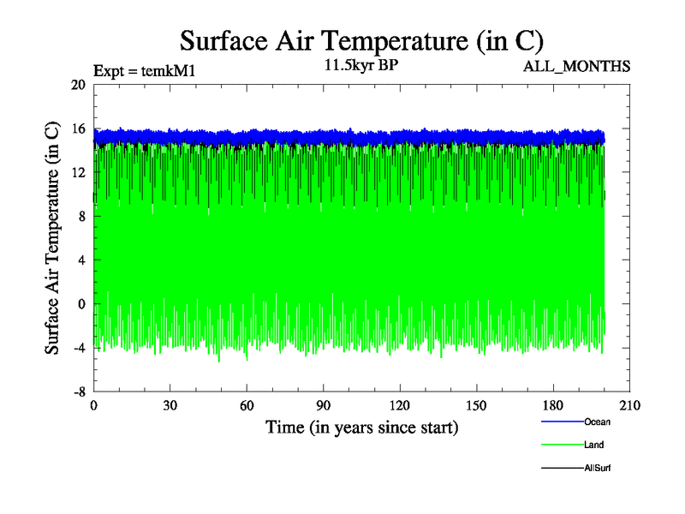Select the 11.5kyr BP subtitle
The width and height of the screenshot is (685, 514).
(361, 65)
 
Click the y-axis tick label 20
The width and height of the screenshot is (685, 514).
(78, 85)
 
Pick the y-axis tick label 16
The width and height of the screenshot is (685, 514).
(78, 128)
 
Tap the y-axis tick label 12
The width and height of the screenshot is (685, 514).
(78, 172)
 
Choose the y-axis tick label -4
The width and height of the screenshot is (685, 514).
(78, 347)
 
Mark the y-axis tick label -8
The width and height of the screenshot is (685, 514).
(78, 391)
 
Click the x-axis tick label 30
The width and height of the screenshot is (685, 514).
(170, 406)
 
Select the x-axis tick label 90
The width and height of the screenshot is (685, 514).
(324, 406)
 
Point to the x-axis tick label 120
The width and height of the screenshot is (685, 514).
(400, 406)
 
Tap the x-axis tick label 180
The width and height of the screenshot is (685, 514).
(553, 406)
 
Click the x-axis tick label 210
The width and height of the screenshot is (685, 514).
(629, 406)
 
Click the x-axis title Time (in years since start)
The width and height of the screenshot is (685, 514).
(361, 427)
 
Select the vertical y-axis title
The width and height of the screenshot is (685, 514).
(52, 238)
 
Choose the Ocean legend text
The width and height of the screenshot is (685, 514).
(597, 421)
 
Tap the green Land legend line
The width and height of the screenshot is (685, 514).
(562, 445)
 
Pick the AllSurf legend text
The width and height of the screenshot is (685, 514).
(597, 469)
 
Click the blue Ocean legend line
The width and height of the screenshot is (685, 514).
(562, 421)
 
